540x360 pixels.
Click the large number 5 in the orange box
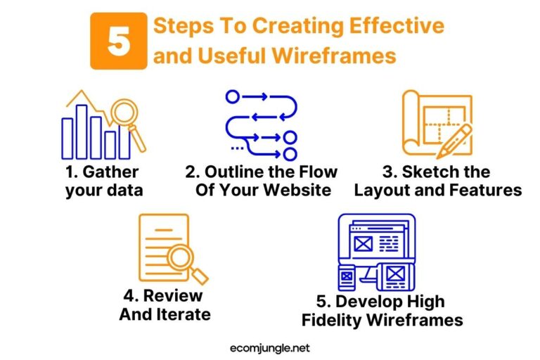pyautogui.click(x=118, y=41)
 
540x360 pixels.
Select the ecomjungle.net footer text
pyautogui.click(x=270, y=347)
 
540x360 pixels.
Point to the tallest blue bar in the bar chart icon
pyautogui.click(x=82, y=131)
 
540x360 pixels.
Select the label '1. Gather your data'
pyautogui.click(x=103, y=181)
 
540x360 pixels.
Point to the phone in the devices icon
pyautogui.click(x=347, y=276)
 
